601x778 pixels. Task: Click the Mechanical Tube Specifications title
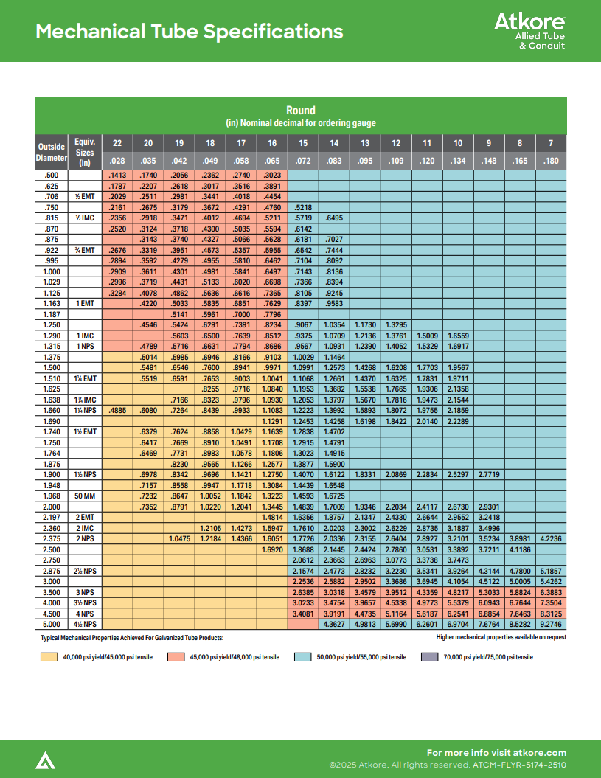(190, 32)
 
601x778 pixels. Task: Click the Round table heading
(301, 111)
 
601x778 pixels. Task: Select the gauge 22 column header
(117, 143)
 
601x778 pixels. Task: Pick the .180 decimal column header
(550, 161)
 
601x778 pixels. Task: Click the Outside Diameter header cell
(52, 152)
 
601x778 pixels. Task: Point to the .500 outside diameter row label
(52, 176)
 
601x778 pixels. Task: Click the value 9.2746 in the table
(550, 625)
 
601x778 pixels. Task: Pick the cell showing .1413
(117, 176)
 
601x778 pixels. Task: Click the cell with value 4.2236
(550, 538)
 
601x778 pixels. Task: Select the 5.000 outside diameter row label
(52, 625)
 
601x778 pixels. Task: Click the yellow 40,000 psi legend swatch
(49, 656)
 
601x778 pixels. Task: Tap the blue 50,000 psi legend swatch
(302, 656)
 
